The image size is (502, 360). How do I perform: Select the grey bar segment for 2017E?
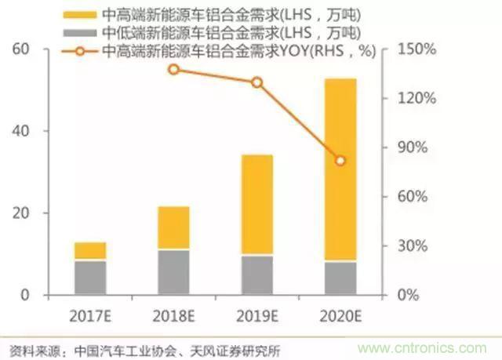(x=90, y=277)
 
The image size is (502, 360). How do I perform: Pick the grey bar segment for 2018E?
(x=173, y=271)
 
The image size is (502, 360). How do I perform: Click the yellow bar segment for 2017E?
(x=90, y=251)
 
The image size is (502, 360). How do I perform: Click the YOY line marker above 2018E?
(x=173, y=69)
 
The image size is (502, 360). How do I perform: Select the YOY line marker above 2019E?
(x=256, y=82)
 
